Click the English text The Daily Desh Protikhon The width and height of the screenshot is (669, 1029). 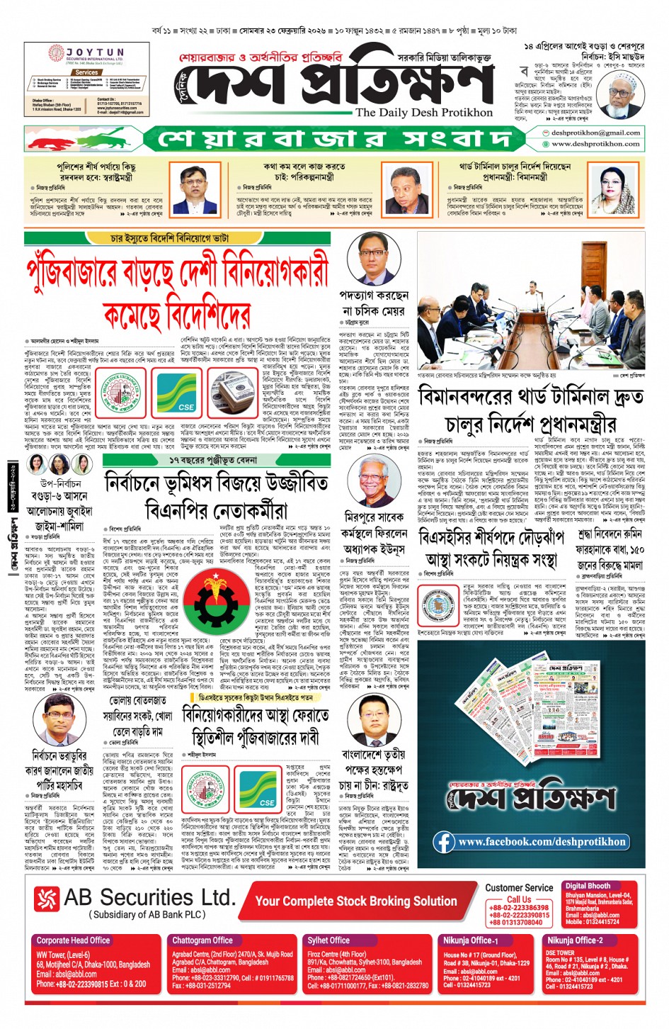click(x=423, y=112)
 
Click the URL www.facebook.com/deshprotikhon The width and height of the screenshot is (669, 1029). click(x=542, y=842)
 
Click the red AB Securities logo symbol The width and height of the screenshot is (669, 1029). click(x=47, y=899)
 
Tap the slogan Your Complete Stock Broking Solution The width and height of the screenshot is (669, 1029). click(x=356, y=901)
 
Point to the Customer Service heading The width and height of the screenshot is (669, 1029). click(x=519, y=887)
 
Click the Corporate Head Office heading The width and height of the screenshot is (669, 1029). click(x=73, y=940)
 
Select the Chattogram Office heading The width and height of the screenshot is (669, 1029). click(x=202, y=940)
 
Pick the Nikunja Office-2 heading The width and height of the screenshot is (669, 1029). click(x=575, y=940)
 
